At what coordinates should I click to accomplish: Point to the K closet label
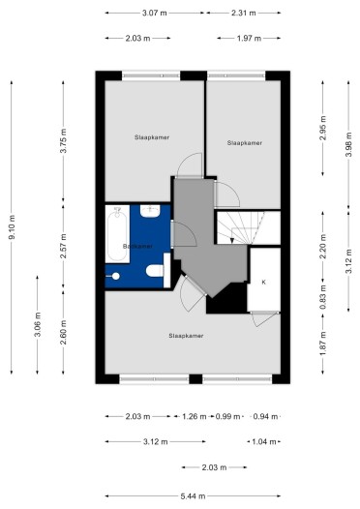coord(262,282)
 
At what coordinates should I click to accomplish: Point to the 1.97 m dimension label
coord(250,39)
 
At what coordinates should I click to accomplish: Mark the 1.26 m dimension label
coord(195,417)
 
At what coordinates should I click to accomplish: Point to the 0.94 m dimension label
coord(262,417)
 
